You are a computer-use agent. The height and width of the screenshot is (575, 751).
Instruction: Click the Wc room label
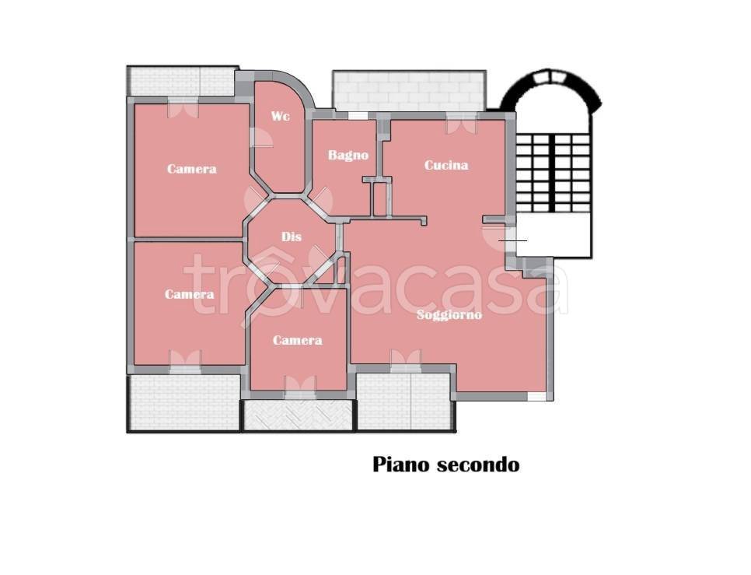pos(280,117)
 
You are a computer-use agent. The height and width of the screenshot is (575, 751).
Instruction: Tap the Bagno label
pos(348,156)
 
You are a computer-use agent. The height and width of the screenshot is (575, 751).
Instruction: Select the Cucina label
pos(446,165)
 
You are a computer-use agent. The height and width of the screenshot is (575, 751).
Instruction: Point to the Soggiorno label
pos(449,315)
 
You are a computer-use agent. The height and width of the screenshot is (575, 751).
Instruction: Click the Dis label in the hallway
pos(291,237)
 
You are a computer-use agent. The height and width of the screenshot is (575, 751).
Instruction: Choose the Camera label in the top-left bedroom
pos(191,169)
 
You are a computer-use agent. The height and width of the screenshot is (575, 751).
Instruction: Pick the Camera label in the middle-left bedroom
pos(190,294)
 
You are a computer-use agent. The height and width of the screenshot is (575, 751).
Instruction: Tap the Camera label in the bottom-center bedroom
pos(298,340)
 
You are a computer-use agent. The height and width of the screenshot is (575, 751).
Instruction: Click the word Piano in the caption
pos(401,465)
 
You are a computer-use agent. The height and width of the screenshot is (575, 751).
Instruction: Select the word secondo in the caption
pos(478,465)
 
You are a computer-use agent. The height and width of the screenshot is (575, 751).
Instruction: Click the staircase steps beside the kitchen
pos(553,173)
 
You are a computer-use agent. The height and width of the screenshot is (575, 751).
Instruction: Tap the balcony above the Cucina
pos(408,92)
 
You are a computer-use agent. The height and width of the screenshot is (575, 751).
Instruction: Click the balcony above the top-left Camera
pos(182,81)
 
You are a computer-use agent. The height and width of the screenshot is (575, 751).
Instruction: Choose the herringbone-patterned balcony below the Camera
pos(299,415)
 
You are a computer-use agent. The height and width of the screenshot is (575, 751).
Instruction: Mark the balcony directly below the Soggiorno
pos(403,401)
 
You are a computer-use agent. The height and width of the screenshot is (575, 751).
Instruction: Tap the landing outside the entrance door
pos(554,236)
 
